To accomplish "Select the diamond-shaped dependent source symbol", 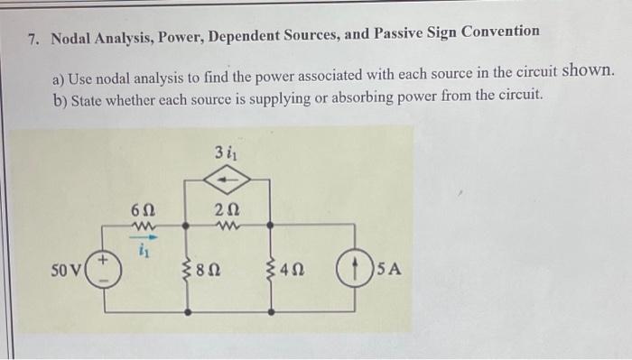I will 229,180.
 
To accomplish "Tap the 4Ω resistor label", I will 293,269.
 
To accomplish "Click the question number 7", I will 33,40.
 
